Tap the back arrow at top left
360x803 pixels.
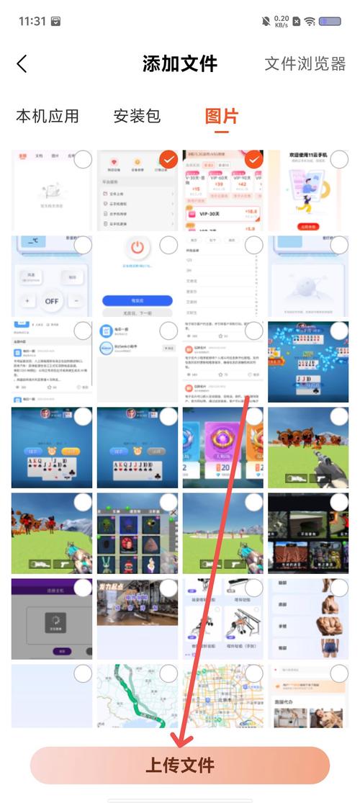22,63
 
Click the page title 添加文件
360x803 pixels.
180,63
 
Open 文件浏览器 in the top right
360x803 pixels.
305,63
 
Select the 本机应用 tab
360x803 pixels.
48,116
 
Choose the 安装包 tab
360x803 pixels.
137,116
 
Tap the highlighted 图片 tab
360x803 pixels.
221,116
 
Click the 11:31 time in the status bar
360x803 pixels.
32,21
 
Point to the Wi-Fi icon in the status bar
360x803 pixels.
310,21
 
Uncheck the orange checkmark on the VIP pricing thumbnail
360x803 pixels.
253,160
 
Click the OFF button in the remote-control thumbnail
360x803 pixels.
52,300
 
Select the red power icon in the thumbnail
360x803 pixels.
138,250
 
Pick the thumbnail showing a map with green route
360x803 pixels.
138,696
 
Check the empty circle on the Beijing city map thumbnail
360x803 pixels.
253,673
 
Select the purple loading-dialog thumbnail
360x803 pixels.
52,618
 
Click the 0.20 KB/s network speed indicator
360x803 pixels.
281,21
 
